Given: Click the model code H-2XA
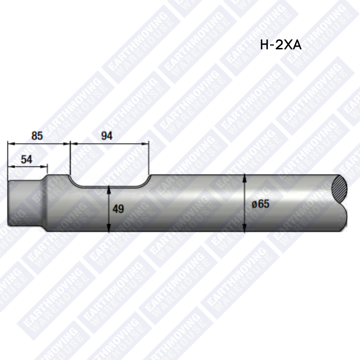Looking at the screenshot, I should [x=281, y=45].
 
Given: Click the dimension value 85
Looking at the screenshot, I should [x=37, y=136].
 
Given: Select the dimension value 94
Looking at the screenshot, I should [x=107, y=136].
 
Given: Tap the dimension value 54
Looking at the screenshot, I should [x=27, y=159].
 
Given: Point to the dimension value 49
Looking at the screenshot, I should [x=118, y=209].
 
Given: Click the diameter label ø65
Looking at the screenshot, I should [x=260, y=204].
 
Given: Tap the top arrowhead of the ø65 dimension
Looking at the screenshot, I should [x=245, y=178].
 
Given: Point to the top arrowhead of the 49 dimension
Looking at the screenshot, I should [x=109, y=190].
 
